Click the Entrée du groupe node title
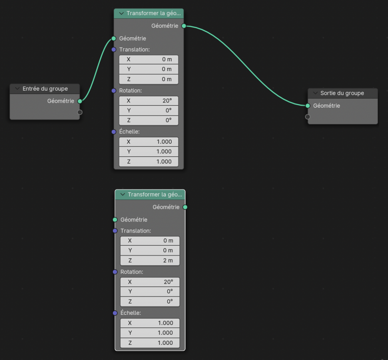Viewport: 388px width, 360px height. click(x=45, y=89)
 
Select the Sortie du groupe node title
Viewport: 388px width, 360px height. click(x=342, y=93)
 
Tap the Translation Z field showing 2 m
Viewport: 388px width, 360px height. click(x=150, y=260)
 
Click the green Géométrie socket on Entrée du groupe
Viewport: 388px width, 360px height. click(x=80, y=101)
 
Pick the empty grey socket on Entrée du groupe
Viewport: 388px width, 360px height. click(x=80, y=112)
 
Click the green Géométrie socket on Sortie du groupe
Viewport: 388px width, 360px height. click(x=308, y=106)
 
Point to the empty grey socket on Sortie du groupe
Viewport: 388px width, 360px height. click(x=308, y=117)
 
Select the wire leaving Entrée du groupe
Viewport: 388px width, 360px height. click(x=97, y=69)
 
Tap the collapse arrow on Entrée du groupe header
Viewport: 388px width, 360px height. click(x=17, y=88)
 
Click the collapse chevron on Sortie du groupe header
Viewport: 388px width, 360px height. click(x=315, y=93)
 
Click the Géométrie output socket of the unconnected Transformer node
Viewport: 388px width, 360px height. click(x=185, y=207)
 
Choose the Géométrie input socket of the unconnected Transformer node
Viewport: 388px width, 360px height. click(x=115, y=220)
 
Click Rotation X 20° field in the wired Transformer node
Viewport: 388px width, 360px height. click(x=149, y=101)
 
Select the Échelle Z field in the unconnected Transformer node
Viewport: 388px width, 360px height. click(x=150, y=343)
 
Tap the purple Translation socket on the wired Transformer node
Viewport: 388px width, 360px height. click(x=114, y=50)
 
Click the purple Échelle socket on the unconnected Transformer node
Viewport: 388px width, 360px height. click(x=115, y=313)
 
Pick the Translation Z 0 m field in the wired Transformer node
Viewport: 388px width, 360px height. click(x=149, y=79)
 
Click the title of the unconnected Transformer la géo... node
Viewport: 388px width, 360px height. click(x=155, y=195)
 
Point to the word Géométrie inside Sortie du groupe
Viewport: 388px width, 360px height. click(x=327, y=106)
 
